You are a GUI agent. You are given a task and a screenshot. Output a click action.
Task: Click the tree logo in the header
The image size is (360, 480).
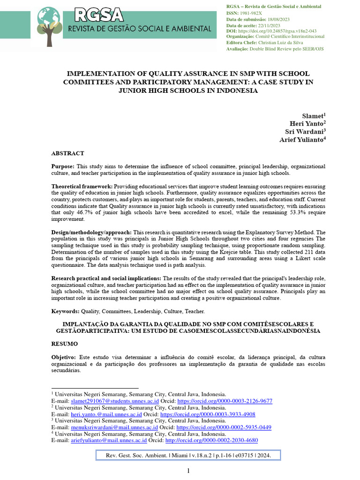[49, 26]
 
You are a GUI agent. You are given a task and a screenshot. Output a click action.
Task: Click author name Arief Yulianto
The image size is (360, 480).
[301, 139]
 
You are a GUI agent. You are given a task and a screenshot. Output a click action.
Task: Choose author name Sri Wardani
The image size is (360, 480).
[306, 131]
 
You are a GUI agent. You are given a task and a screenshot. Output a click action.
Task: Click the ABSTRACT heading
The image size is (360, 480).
[67, 153]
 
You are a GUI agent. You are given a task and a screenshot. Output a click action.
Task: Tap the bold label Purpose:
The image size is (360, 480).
[63, 166]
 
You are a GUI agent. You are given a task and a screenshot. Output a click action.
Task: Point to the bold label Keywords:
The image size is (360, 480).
[65, 311]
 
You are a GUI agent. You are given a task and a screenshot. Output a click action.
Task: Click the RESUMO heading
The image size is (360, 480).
[64, 344]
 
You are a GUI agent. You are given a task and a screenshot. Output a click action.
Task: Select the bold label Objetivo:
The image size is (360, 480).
[64, 357]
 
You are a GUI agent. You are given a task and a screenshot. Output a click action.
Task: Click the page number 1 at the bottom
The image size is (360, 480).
[188, 471]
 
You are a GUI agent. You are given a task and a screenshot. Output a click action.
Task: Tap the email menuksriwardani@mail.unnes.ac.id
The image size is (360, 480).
[114, 427]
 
